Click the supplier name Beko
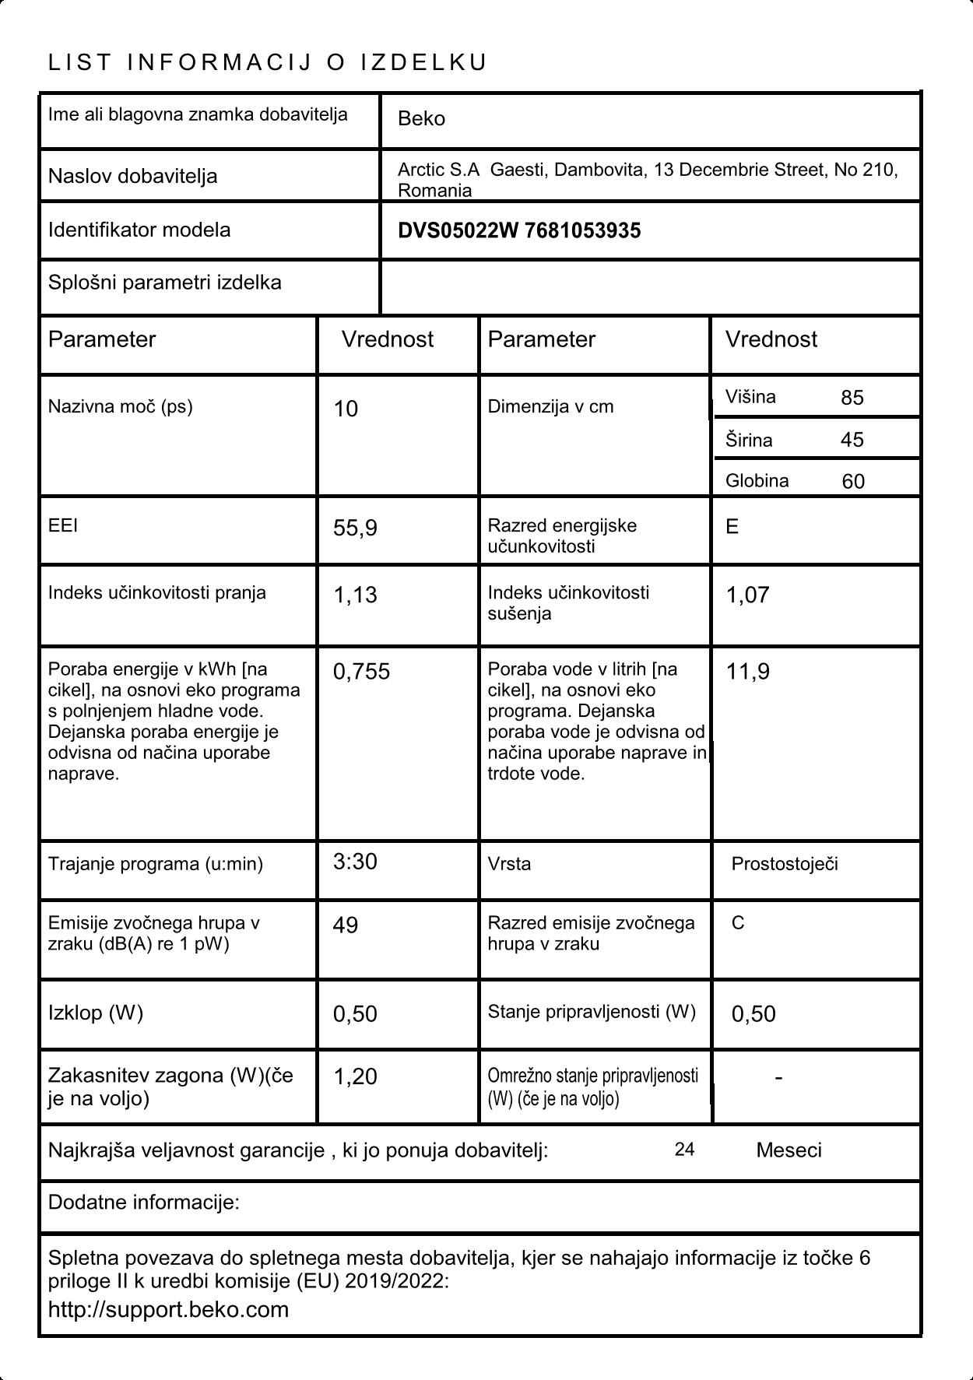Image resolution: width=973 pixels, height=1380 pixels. [x=421, y=119]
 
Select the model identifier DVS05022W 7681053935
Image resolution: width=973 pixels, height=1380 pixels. [x=519, y=230]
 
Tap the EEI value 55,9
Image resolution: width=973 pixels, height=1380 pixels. [x=355, y=528]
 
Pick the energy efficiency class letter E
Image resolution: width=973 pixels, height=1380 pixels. [x=732, y=527]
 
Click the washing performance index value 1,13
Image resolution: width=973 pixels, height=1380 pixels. [x=355, y=595]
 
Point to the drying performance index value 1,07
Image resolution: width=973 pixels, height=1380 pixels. [x=747, y=595]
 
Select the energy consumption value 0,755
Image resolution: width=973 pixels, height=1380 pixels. [x=361, y=672]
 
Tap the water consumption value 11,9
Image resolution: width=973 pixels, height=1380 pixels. [x=747, y=672]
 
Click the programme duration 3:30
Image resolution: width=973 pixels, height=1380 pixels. [x=355, y=862]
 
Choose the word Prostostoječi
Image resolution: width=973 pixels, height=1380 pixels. [x=785, y=864]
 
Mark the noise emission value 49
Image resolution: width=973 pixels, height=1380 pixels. [x=346, y=925]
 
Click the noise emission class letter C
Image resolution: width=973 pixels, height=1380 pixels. [x=738, y=923]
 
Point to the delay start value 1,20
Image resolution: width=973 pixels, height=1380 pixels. [x=355, y=1077]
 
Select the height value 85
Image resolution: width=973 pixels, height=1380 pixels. [x=852, y=398]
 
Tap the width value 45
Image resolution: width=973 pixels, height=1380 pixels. [x=852, y=440]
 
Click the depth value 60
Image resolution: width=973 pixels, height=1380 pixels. [x=853, y=482]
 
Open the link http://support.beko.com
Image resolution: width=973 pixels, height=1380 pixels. [x=168, y=1309]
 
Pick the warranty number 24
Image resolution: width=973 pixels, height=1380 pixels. [x=684, y=1150]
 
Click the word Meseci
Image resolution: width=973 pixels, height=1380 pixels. [x=789, y=1150]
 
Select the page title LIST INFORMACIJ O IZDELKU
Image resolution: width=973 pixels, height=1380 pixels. [x=268, y=62]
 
